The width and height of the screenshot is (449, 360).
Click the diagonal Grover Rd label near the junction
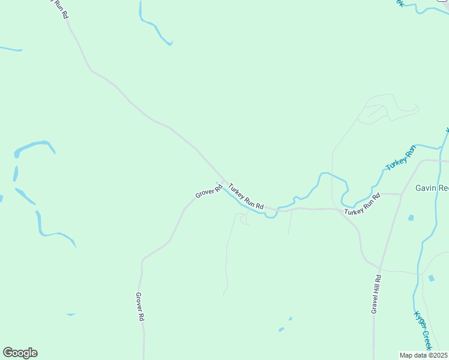tap(209, 191)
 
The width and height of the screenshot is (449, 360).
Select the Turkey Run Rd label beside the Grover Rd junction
tap(246, 197)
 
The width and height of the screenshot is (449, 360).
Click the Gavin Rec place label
tap(432, 188)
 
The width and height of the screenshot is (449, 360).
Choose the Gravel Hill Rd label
tap(376, 294)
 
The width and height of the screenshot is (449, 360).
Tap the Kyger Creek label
tap(423, 331)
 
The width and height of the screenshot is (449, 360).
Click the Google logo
tap(20, 353)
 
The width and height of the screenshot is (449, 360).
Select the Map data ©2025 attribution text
tap(423, 355)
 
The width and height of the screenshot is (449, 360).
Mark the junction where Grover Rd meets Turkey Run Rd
tap(225, 182)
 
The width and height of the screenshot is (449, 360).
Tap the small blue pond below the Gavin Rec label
tap(411, 217)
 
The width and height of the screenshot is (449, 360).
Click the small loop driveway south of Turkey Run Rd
tap(244, 220)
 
